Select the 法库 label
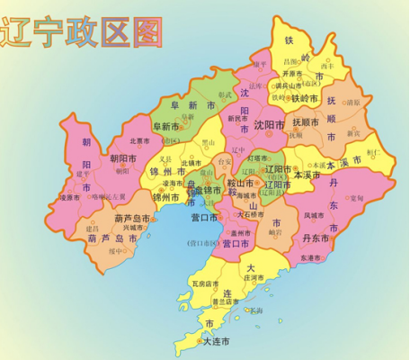pyautogui.click(x=255, y=86)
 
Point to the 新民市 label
pyautogui.click(x=239, y=118)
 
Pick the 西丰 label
pyautogui.click(x=326, y=66)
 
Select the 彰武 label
pyautogui.click(x=226, y=94)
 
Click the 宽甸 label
pyautogui.click(x=356, y=198)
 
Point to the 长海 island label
pyautogui.click(x=257, y=310)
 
